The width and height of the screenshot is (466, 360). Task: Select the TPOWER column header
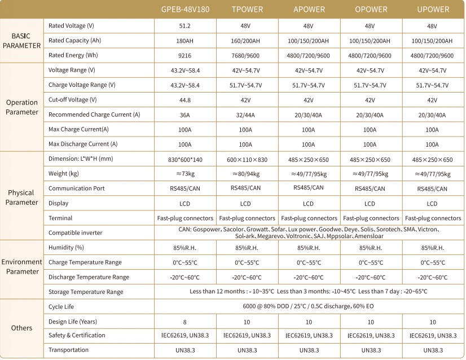(x=246, y=9)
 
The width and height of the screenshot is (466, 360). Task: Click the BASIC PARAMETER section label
(x=22, y=41)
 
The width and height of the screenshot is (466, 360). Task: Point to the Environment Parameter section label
(x=22, y=266)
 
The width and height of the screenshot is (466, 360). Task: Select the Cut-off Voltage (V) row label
(x=73, y=99)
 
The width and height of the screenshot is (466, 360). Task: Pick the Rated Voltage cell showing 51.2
(x=185, y=26)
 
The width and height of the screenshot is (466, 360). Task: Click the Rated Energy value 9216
(x=185, y=55)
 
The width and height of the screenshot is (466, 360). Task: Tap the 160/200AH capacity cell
(x=246, y=41)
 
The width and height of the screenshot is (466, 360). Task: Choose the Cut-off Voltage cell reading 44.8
(x=185, y=99)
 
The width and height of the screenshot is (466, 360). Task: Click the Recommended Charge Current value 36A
(x=185, y=115)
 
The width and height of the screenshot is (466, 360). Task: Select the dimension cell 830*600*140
(x=185, y=160)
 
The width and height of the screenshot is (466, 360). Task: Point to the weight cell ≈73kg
(x=185, y=174)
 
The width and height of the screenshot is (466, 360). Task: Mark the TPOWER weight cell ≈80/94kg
(x=246, y=174)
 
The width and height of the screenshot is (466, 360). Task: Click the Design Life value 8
(x=185, y=321)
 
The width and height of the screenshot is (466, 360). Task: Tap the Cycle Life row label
(x=61, y=306)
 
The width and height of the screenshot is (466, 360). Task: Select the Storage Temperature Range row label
(x=86, y=292)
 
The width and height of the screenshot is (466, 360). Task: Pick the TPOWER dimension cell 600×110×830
(x=246, y=160)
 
